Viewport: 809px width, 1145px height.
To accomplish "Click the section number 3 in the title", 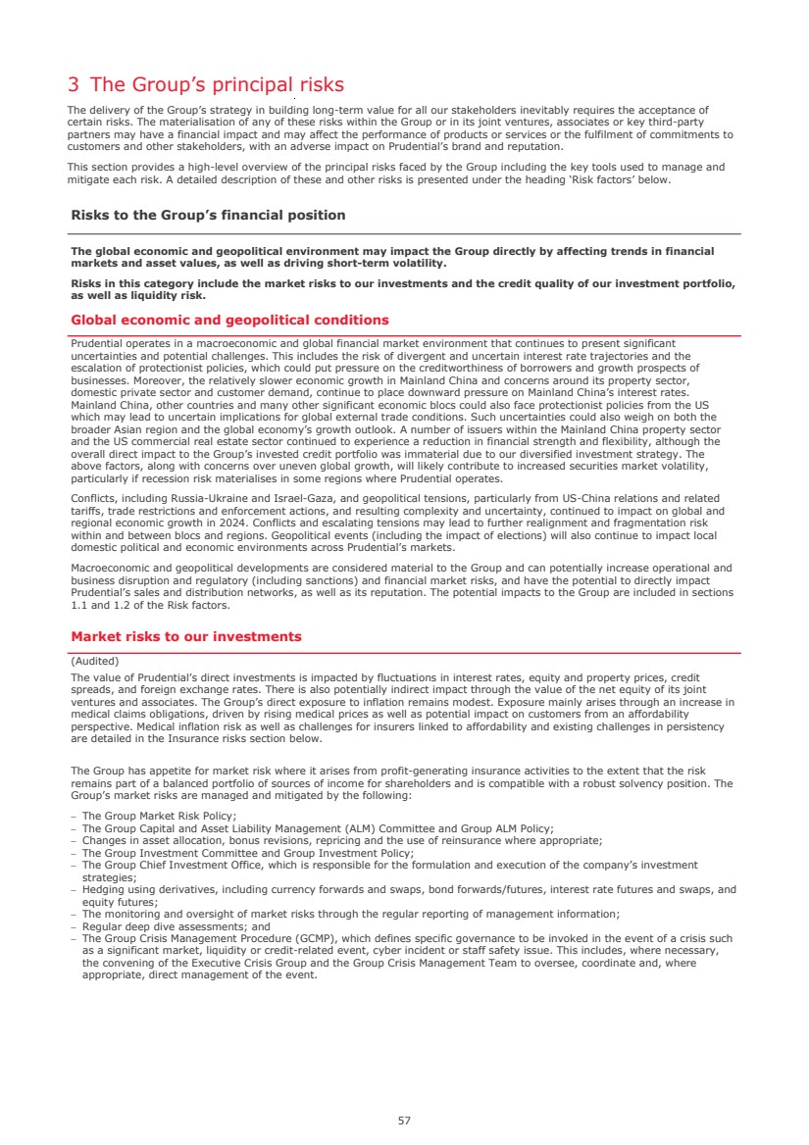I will click(74, 85).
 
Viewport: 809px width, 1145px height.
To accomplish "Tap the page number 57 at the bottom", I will click(404, 1120).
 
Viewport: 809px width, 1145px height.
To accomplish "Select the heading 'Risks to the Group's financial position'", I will click(208, 215).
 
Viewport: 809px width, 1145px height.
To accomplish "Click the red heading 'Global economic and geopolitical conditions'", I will click(229, 321).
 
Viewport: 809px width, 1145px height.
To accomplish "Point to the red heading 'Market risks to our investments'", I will click(186, 637).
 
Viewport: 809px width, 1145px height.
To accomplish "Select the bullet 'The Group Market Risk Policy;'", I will click(159, 816).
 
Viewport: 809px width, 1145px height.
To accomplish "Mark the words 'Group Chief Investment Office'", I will click(173, 865).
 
